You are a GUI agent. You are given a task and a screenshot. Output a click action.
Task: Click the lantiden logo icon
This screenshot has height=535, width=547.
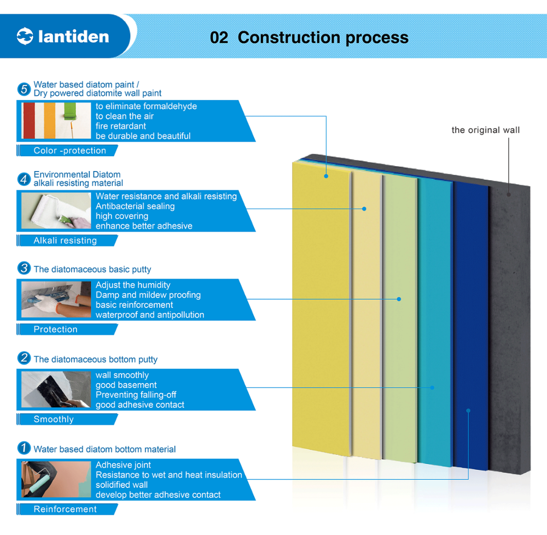pyautogui.click(x=25, y=36)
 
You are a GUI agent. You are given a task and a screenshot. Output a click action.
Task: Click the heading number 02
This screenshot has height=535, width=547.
pyautogui.click(x=219, y=38)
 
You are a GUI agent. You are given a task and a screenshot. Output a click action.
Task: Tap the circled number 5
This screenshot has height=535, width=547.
pyautogui.click(x=24, y=89)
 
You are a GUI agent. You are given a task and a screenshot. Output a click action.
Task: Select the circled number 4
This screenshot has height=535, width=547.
pyautogui.click(x=24, y=179)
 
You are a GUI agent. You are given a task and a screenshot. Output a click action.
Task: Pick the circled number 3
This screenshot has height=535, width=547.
pyautogui.click(x=24, y=268)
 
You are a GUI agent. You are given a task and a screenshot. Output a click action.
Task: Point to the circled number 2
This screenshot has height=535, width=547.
pyautogui.click(x=24, y=358)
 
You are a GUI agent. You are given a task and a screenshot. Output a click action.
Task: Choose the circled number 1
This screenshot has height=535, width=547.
pyautogui.click(x=24, y=448)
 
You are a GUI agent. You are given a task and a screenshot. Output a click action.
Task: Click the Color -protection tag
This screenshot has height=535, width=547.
pyautogui.click(x=67, y=151)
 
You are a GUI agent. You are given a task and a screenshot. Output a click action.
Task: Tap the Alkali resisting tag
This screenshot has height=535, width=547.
pyautogui.click(x=67, y=240)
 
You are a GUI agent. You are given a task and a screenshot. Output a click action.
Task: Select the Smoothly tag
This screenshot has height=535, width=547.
pyautogui.click(x=67, y=419)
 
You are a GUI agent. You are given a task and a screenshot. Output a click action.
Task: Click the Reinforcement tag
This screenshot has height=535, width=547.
pyautogui.click(x=67, y=509)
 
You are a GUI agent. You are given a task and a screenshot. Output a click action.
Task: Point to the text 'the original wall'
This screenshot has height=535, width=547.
pyautogui.click(x=485, y=130)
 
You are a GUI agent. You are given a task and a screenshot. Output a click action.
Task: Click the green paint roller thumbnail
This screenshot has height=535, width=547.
pyautogui.click(x=56, y=121)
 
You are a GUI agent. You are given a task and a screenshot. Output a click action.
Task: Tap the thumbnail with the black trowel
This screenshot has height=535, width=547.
pyautogui.click(x=56, y=389)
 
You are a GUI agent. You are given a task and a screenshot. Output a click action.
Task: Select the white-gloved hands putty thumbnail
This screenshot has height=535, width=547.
pyautogui.click(x=56, y=299)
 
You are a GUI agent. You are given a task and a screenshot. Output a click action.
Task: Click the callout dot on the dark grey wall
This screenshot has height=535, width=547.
pyautogui.click(x=509, y=195)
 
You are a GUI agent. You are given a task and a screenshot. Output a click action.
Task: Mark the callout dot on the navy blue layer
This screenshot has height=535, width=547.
pyautogui.click(x=468, y=410)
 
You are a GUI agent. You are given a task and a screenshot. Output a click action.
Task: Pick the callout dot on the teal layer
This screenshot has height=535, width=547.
pyautogui.click(x=432, y=387)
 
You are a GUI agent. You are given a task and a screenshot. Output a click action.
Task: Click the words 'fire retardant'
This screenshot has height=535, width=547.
pyautogui.click(x=121, y=126)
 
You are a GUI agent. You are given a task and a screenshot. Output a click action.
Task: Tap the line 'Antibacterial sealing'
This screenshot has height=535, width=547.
pyautogui.click(x=135, y=207)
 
